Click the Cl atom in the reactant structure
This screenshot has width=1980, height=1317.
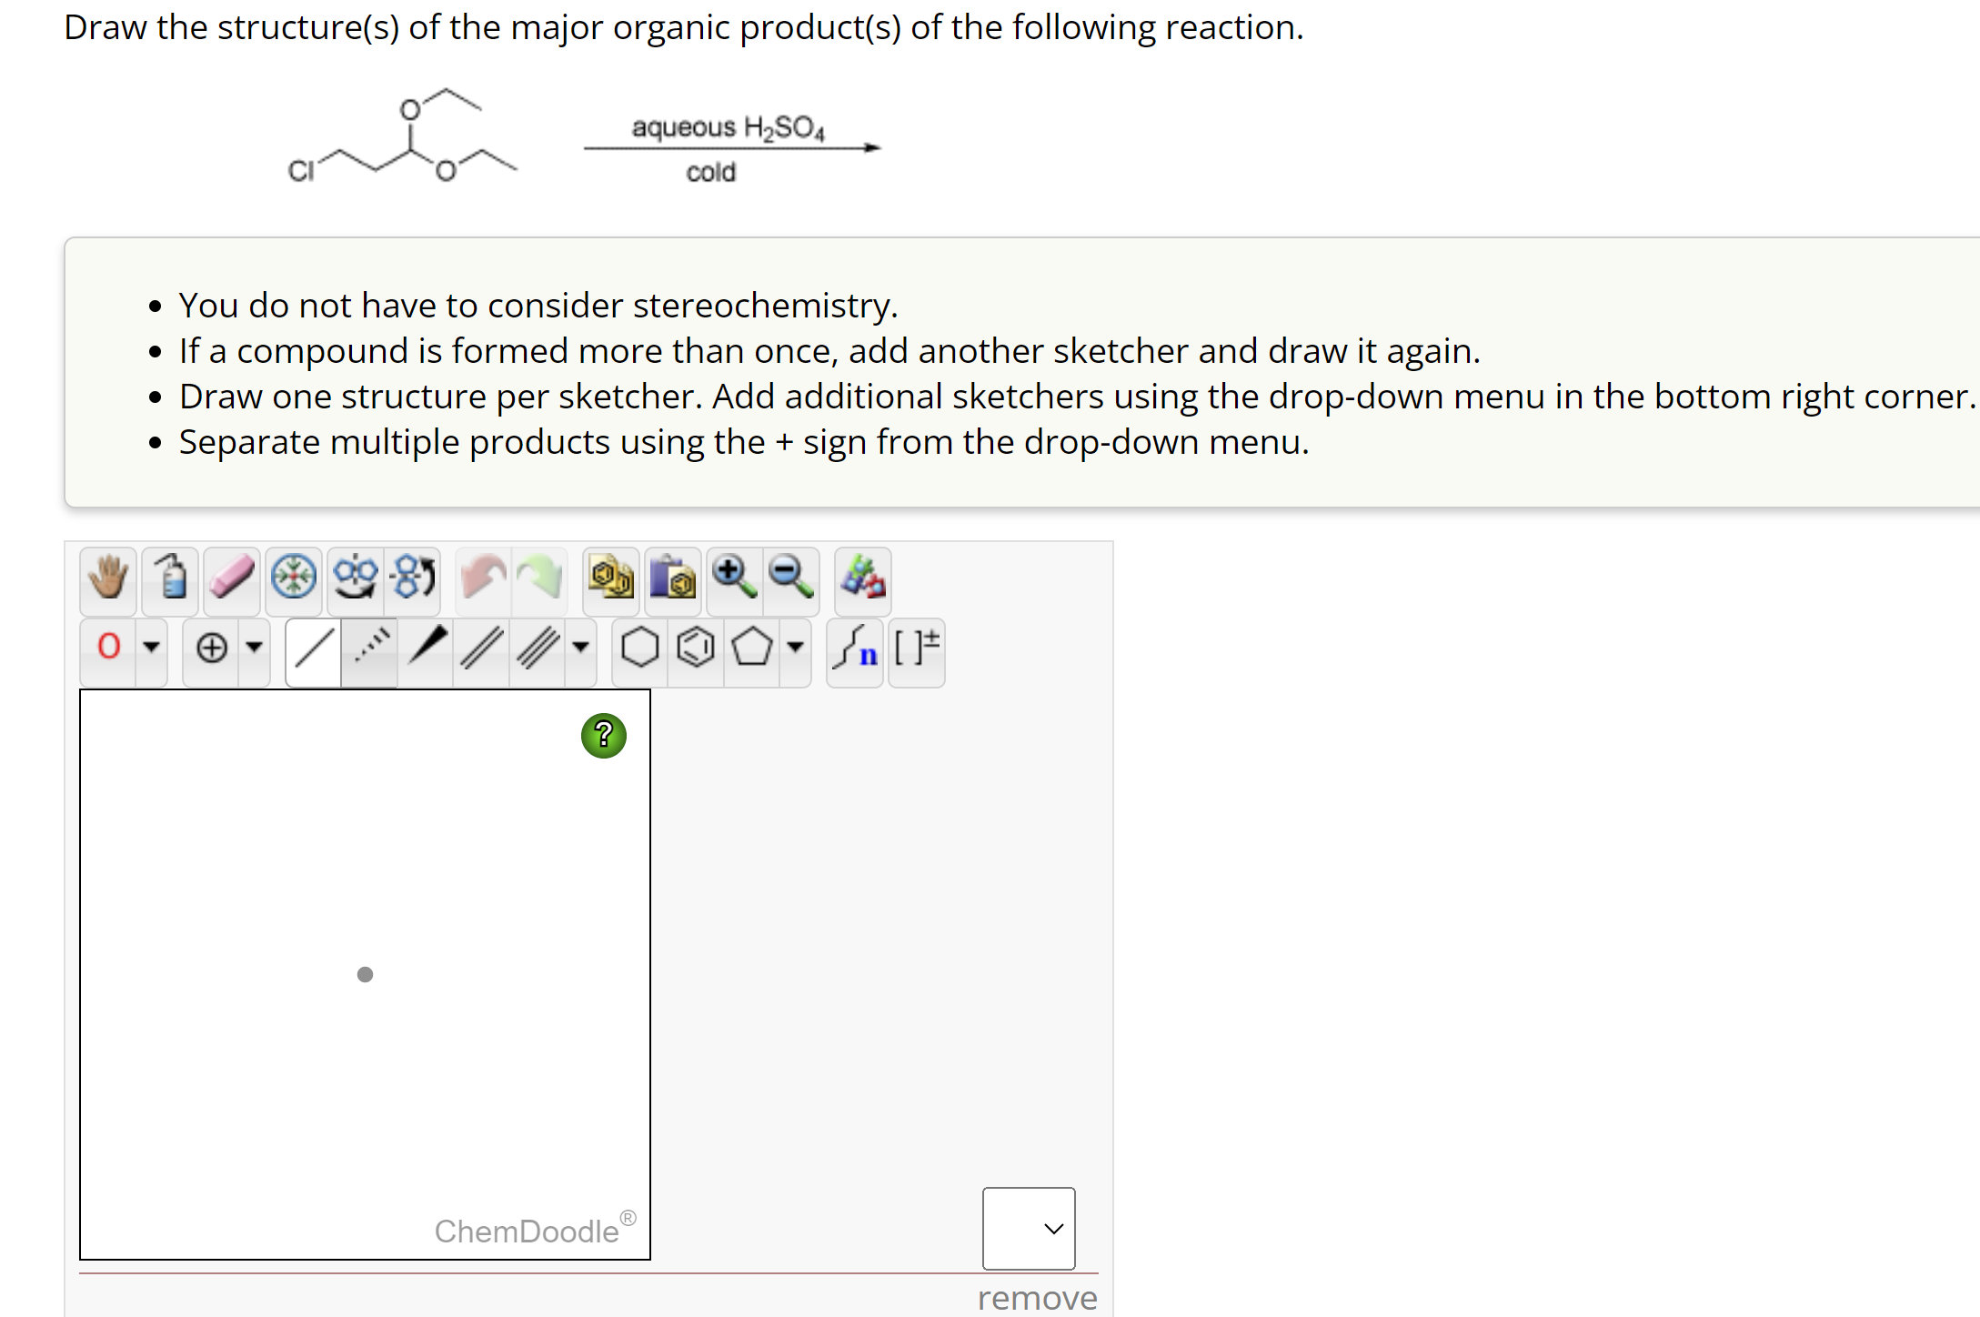pyautogui.click(x=301, y=171)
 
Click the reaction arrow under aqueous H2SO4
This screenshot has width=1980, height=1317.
pyautogui.click(x=732, y=147)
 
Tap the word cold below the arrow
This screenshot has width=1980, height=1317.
pyautogui.click(x=710, y=172)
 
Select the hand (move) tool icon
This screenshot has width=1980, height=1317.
pyautogui.click(x=108, y=578)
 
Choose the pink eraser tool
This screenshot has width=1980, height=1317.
pyautogui.click(x=232, y=578)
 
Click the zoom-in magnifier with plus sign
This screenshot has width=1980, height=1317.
pyautogui.click(x=734, y=578)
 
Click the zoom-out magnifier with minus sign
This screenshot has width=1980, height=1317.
pyautogui.click(x=790, y=578)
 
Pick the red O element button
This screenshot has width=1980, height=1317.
pyautogui.click(x=109, y=647)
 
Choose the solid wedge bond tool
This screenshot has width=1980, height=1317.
pyautogui.click(x=427, y=647)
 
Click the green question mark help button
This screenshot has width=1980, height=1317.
pyautogui.click(x=603, y=736)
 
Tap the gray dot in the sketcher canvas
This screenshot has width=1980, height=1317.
pyautogui.click(x=365, y=975)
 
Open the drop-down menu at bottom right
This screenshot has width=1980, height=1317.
pyautogui.click(x=1029, y=1228)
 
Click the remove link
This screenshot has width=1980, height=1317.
pyautogui.click(x=1037, y=1298)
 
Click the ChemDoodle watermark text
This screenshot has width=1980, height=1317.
pyautogui.click(x=527, y=1232)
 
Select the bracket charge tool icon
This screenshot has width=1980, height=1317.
pyautogui.click(x=916, y=648)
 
